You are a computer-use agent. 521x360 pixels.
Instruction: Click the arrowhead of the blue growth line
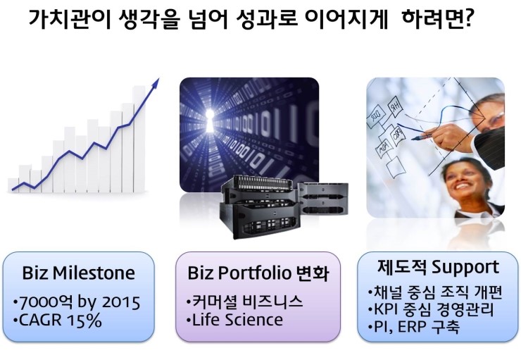point(155,83)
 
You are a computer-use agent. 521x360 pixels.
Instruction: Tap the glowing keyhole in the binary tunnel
point(210,120)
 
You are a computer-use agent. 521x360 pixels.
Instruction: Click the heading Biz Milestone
point(78,273)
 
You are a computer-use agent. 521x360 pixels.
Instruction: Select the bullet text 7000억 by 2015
point(77,302)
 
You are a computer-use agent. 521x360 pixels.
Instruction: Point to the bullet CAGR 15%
point(58,321)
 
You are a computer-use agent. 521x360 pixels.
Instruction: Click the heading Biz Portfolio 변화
point(258,273)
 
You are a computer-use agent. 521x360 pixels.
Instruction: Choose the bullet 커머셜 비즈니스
point(244,302)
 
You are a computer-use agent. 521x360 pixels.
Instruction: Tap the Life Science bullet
point(234,320)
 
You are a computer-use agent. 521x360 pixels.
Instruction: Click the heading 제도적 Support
point(438,266)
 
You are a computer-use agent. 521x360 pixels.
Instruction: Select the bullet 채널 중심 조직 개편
point(434,292)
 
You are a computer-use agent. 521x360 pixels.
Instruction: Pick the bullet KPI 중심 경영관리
point(431,309)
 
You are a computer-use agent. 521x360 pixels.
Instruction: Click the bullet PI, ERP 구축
point(414,327)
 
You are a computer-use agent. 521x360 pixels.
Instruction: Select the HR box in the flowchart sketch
point(396,106)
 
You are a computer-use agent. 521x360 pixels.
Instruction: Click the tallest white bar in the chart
point(139,139)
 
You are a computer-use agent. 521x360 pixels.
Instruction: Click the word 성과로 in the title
point(267,20)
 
